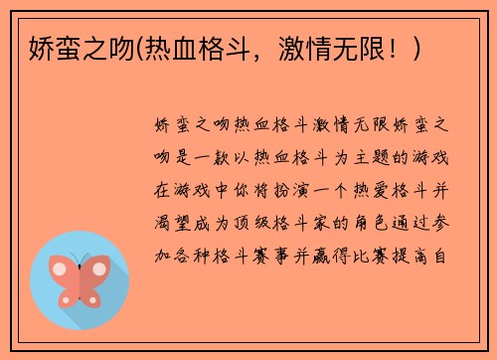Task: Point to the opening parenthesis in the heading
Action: pyautogui.click(x=141, y=46)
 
